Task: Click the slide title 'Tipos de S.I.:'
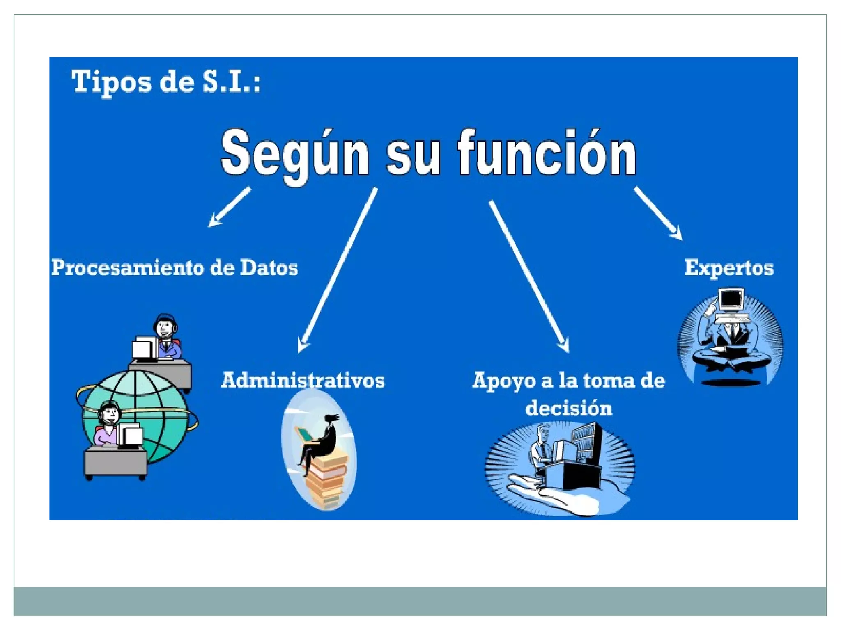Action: coord(166,82)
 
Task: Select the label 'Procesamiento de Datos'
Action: coord(175,268)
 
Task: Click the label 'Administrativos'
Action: coord(303,380)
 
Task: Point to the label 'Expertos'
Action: coord(729,268)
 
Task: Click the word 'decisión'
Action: coord(569,409)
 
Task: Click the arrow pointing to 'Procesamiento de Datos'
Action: coord(229,207)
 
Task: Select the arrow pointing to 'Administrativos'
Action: coord(337,271)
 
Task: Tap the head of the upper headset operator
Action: coord(165,326)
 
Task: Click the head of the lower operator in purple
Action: coord(110,414)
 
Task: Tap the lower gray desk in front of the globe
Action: coord(115,461)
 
